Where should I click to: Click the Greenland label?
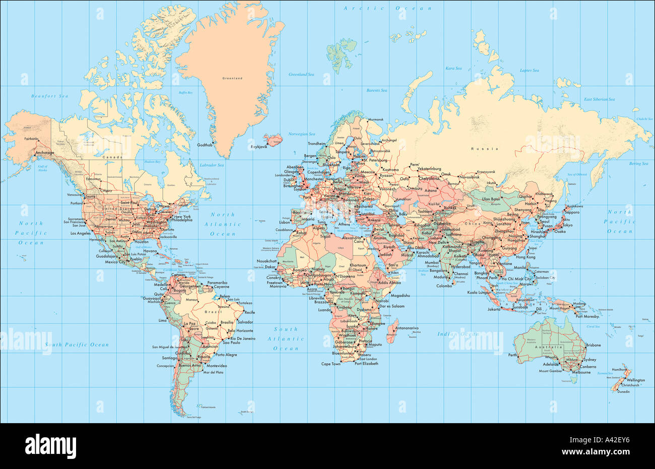tap(232, 79)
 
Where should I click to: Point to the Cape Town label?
tap(331, 364)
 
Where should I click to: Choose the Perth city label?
tap(512, 355)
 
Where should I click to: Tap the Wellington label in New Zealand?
tap(635, 380)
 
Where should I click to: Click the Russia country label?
tap(484, 149)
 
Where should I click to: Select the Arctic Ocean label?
tap(387, 9)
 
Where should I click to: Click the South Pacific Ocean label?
tap(77, 345)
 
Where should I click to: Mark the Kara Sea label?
tap(453, 68)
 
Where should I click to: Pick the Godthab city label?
tap(205, 145)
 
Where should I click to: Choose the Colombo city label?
tap(444, 286)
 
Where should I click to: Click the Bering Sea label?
tap(638, 163)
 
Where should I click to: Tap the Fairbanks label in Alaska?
tap(31, 139)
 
